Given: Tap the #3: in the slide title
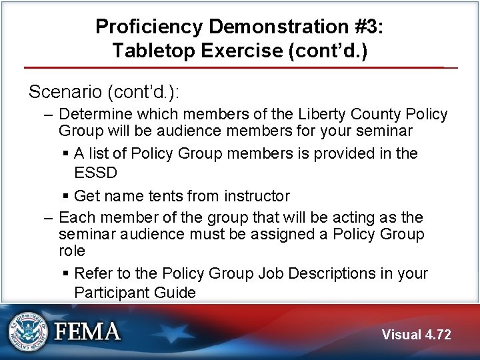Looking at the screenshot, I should coord(364,27).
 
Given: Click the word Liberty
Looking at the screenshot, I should coord(324,115).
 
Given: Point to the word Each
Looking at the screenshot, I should coord(75,217).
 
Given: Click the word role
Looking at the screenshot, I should coord(72,251).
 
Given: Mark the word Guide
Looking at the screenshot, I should coord(175,292).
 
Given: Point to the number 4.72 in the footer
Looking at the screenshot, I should coord(439,335).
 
